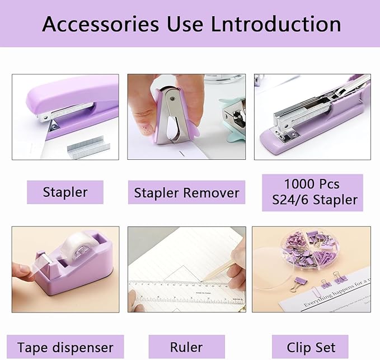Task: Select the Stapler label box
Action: [x=65, y=192]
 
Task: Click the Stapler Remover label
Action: [x=186, y=193]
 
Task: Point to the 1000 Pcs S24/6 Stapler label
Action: [x=312, y=192]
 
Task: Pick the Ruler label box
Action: [x=186, y=347]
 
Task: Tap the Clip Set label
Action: [x=310, y=347]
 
